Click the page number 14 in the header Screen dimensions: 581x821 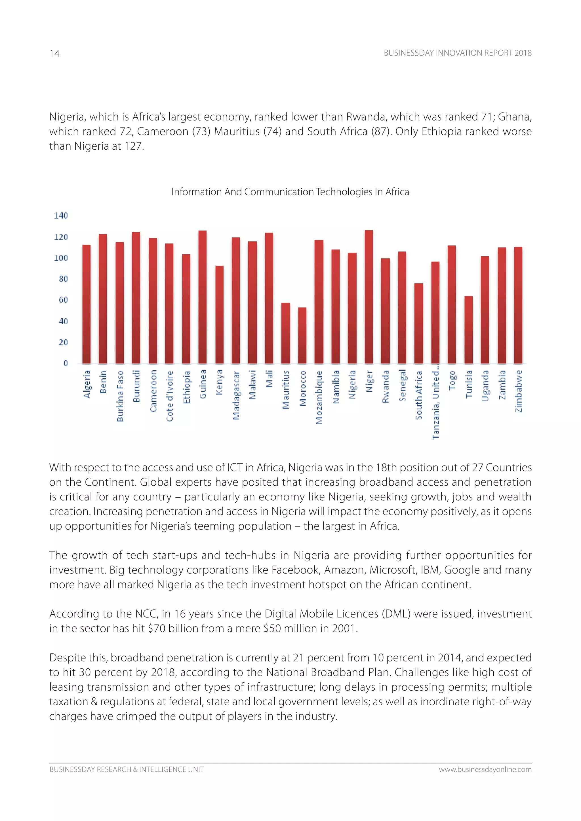54,54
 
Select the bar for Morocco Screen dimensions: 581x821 302,335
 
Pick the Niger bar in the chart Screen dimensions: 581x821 369,297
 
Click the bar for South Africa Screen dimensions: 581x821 418,323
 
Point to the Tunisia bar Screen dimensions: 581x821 469,329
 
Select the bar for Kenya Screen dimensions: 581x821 219,314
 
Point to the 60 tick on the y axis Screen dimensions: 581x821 63,300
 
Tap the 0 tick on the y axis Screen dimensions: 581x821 66,363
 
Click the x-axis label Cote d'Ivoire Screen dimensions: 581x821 170,396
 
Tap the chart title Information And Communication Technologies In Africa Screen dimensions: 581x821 290,192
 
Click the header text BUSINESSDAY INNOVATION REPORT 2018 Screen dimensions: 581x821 458,53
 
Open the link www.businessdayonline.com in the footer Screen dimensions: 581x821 485,769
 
